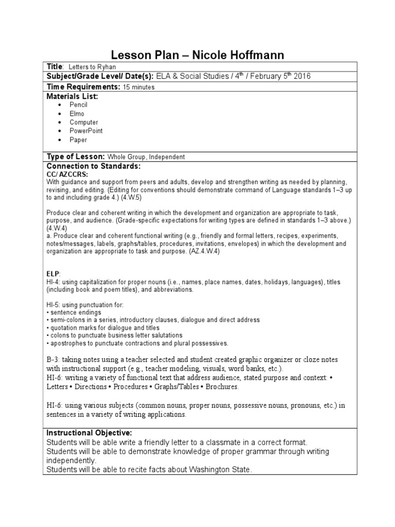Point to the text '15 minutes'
[x=139, y=87]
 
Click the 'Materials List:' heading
[x=72, y=96]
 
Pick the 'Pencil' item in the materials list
[x=79, y=105]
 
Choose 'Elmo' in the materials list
[x=77, y=114]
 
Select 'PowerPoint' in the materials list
[x=86, y=131]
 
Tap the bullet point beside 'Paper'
[x=60, y=140]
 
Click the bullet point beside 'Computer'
[x=60, y=122]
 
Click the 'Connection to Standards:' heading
[x=93, y=167]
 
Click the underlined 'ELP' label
[x=53, y=275]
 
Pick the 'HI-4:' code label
[x=53, y=283]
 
